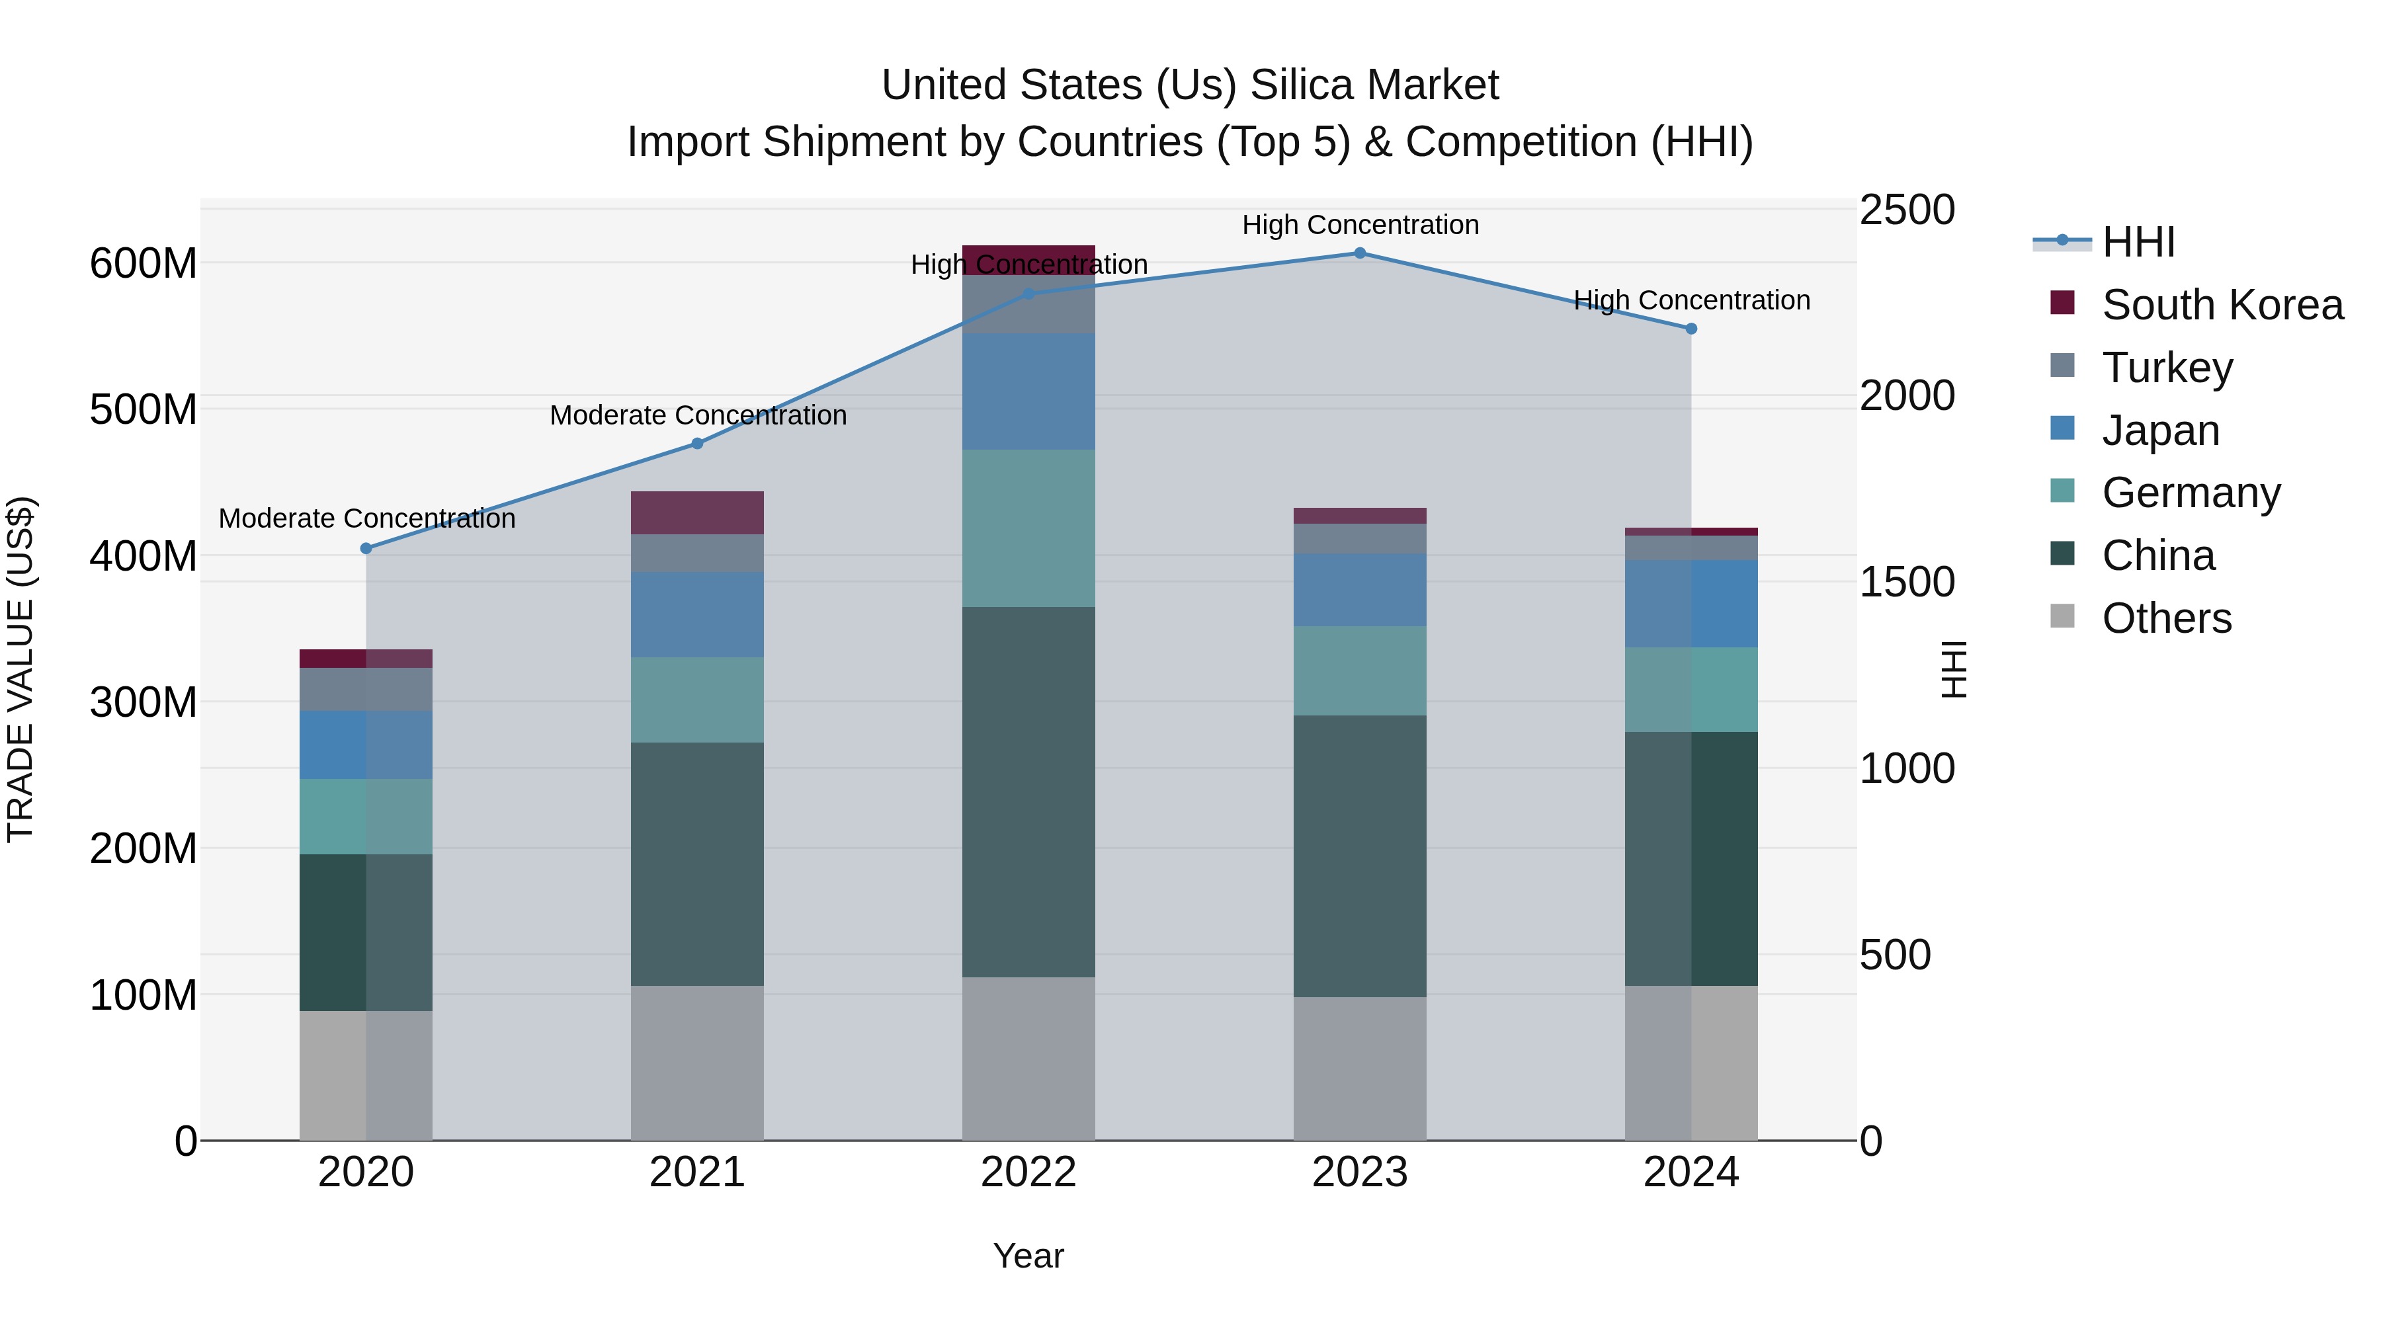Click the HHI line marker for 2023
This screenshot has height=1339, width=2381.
1360,253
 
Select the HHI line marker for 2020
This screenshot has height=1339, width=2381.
366,548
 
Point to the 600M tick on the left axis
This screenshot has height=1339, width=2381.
144,264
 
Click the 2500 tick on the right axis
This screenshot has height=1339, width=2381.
1906,211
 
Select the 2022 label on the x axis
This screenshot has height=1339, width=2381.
1028,1172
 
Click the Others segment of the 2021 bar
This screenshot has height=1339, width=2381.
697,1063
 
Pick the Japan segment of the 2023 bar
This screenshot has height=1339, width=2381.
1360,590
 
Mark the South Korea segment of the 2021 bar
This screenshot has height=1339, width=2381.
697,513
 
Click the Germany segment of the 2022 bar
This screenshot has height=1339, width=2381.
1028,528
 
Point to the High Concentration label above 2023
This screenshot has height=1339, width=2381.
1360,225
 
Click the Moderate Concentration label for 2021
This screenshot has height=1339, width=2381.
698,416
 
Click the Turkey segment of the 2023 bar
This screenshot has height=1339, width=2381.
1360,539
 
